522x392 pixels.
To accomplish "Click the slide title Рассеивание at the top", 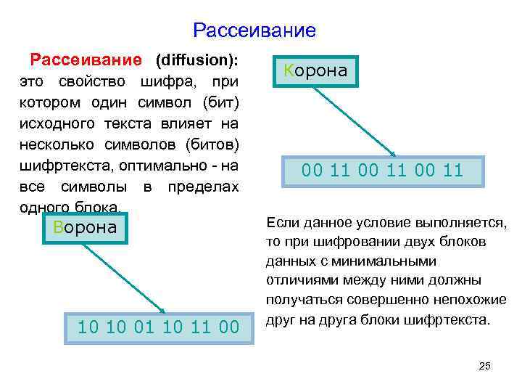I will click(x=254, y=30).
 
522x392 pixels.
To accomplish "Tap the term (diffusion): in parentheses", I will click(x=197, y=57).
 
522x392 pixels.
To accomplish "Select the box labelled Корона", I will click(x=315, y=71).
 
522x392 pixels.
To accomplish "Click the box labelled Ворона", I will click(x=85, y=227).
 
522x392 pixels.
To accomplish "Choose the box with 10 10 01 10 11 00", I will click(x=159, y=327).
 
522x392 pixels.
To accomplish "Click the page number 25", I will click(x=485, y=366).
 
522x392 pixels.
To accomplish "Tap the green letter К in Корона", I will click(x=289, y=71).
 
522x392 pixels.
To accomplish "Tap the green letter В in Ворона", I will click(x=59, y=227).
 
